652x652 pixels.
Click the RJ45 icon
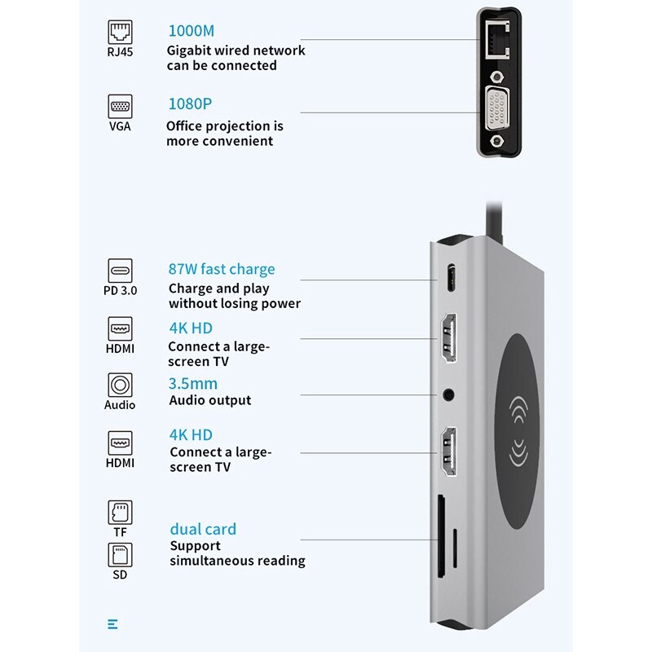[120, 32]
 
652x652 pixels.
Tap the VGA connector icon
[120, 106]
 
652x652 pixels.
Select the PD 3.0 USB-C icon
[120, 271]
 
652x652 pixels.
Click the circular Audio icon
[120, 385]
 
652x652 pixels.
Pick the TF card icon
[120, 512]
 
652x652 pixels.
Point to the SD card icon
[120, 555]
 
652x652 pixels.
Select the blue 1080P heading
[190, 104]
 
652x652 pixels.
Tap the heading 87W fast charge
[222, 269]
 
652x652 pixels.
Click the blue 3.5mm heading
[193, 383]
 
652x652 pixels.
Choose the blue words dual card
[203, 529]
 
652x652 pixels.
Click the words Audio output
[210, 400]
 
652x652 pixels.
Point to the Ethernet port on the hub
[497, 38]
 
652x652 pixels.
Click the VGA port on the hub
[497, 112]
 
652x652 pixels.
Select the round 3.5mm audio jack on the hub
[447, 395]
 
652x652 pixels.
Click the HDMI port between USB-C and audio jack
[447, 338]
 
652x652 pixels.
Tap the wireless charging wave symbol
[518, 424]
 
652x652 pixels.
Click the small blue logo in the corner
[112, 624]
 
